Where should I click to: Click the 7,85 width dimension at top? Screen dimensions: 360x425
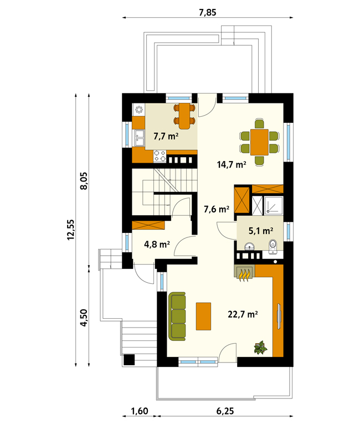coord(208,13)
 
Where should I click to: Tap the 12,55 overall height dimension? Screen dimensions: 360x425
coord(70,230)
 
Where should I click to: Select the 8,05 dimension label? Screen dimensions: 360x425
coord(84,181)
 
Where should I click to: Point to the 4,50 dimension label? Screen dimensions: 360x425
coord(84,318)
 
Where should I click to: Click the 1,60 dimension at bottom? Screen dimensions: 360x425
coord(140,411)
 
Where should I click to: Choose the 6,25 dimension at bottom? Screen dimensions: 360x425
coord(225,411)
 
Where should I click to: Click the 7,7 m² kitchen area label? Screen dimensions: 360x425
coord(166,136)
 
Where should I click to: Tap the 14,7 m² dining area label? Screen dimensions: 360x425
coord(232,164)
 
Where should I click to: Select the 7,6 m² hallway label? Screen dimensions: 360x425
coord(217,209)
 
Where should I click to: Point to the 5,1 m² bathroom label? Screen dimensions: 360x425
coord(261,231)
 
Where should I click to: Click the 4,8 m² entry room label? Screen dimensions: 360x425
coord(157,244)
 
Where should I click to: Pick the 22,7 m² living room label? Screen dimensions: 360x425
coord(243,314)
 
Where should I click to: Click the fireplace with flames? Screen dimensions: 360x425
coord(244,273)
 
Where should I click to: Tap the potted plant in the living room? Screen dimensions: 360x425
coord(260,348)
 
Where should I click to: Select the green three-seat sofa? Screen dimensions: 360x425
coord(177,317)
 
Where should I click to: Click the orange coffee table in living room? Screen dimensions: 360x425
coord(203,317)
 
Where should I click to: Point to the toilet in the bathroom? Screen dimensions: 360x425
coord(273,246)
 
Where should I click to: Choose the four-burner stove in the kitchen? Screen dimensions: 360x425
coord(160,157)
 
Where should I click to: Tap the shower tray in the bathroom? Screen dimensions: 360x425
coord(274,206)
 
